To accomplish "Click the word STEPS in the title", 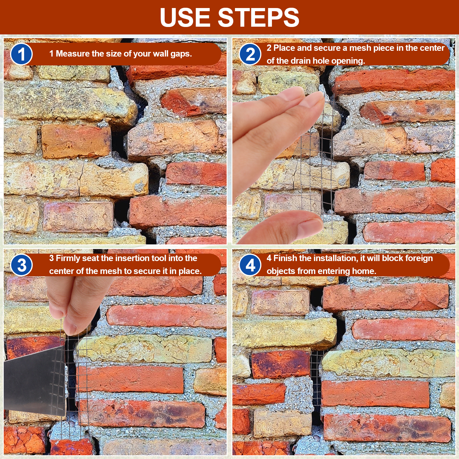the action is (259, 17).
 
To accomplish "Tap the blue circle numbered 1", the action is (22, 54).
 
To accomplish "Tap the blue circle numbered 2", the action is (250, 54).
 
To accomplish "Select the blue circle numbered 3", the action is (22, 265).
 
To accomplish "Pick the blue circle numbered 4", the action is (250, 265).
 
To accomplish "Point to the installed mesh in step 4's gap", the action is (317, 382).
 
